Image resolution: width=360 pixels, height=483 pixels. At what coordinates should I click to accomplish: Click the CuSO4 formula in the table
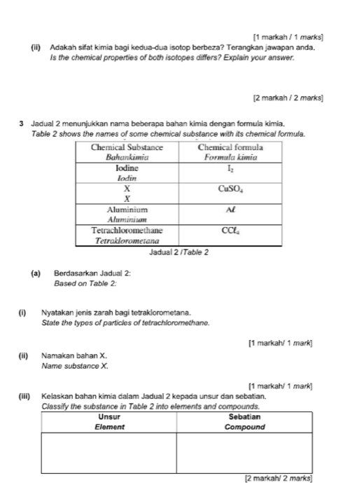(230, 189)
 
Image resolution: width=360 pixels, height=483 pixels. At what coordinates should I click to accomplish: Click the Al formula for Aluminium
(230, 209)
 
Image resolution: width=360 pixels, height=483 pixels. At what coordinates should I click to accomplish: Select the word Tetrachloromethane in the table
(127, 229)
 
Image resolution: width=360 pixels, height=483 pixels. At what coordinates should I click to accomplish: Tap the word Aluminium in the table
(127, 209)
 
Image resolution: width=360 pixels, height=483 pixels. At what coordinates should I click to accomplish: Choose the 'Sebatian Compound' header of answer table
(245, 421)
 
